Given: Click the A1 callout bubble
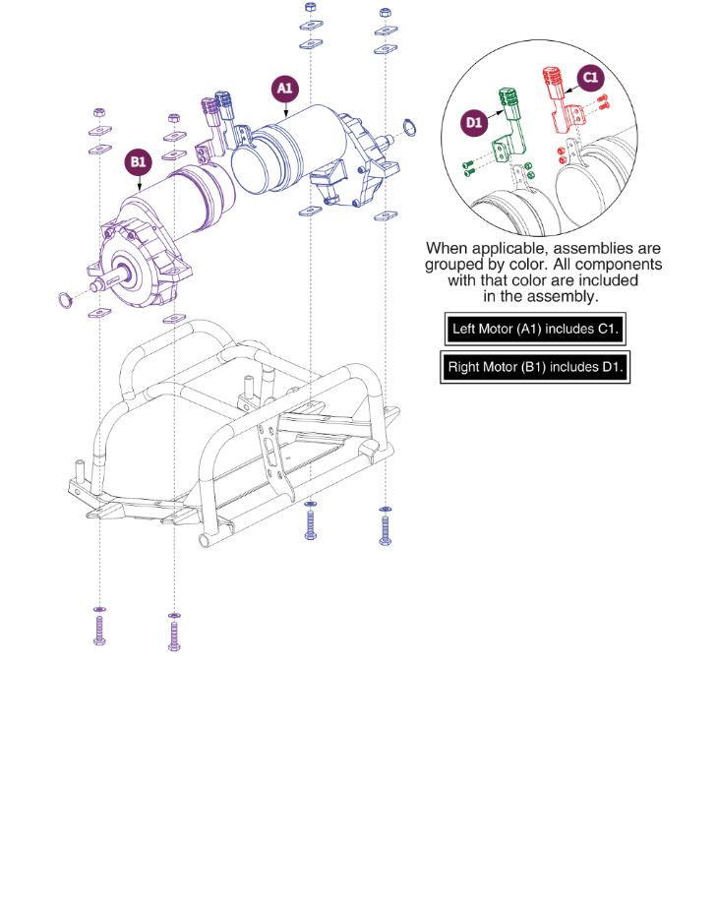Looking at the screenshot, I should point(284,89).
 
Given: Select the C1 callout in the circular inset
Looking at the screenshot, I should point(589,78).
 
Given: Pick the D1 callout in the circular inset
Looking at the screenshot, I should point(474,123).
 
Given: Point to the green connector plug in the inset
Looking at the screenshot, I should point(509,99).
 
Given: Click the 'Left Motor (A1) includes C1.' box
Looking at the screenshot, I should point(534,329).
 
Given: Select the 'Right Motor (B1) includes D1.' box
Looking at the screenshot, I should point(536,367).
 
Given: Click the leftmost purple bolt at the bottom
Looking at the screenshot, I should point(98,628).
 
